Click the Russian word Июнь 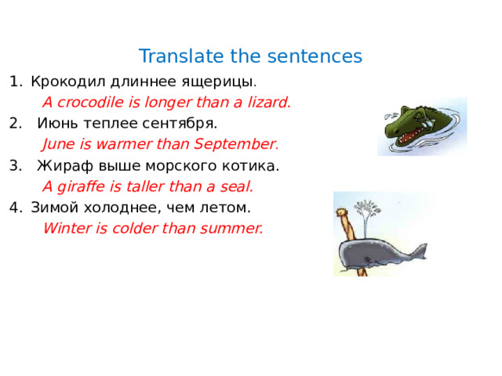[56, 123]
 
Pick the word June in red [58, 144]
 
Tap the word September [236, 144]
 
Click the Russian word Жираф [61, 165]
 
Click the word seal [238, 186]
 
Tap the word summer [233, 229]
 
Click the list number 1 [13, 81]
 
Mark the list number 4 [13, 208]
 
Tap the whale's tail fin [420, 251]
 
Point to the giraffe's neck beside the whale [343, 227]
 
